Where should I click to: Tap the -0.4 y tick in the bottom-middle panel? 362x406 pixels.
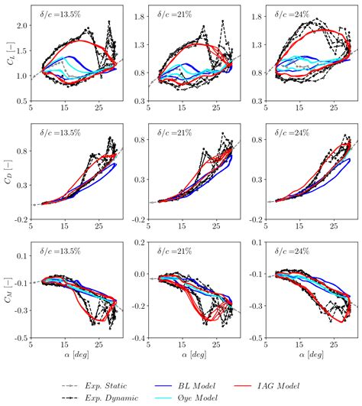coord(132,337)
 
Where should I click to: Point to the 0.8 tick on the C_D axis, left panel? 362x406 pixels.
coord(21,150)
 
